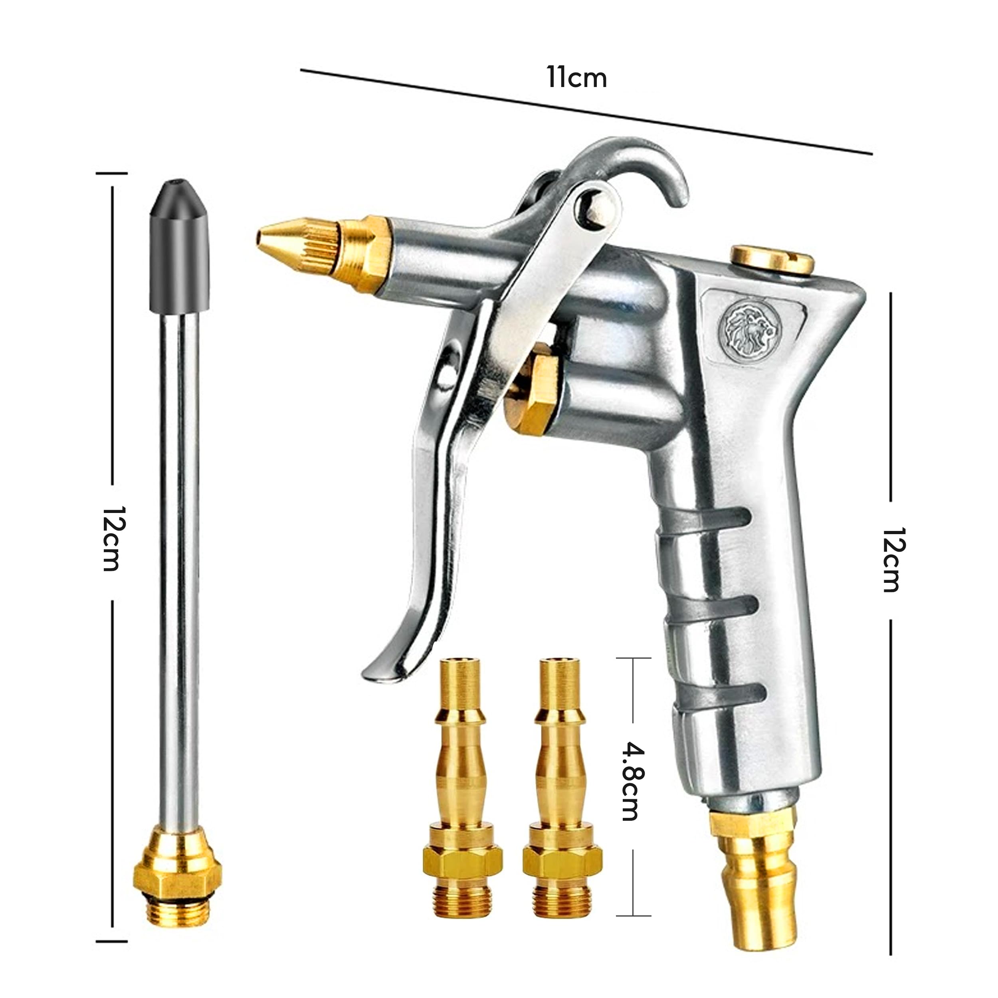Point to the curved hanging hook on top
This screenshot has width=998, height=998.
tap(641, 155)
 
